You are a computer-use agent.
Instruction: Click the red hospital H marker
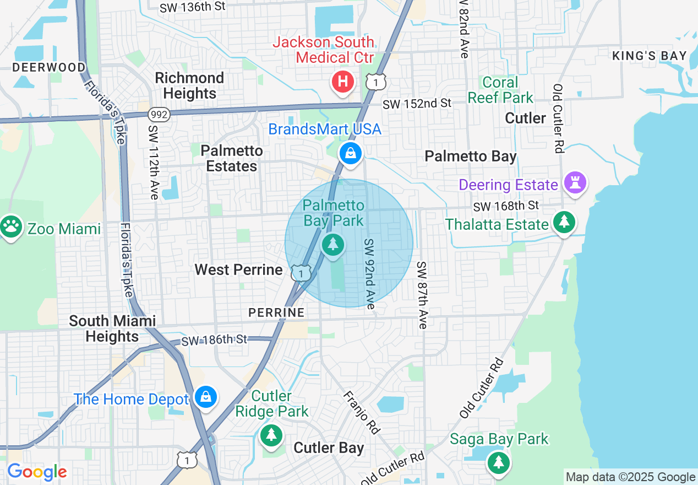(343, 83)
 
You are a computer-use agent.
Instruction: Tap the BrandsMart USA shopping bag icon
(350, 153)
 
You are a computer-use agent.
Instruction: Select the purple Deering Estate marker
(576, 184)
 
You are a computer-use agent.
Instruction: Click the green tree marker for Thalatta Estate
(564, 222)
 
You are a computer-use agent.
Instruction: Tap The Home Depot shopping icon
(206, 397)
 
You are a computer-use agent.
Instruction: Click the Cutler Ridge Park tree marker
(270, 435)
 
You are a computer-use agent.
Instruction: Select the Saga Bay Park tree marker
(498, 462)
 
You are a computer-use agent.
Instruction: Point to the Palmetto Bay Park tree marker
(332, 245)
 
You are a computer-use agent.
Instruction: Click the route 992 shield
(159, 115)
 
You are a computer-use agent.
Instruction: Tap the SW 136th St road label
(192, 8)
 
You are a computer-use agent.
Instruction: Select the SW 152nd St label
(417, 104)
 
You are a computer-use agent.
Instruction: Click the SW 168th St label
(506, 206)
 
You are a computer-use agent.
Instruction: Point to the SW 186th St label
(214, 340)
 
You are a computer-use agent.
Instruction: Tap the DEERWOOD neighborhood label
(49, 67)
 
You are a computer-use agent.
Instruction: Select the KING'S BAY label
(650, 56)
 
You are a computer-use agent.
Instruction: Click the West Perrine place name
(238, 270)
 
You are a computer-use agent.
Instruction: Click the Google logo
(37, 472)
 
